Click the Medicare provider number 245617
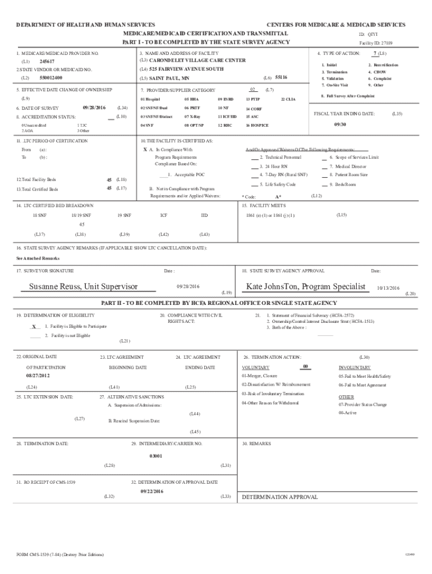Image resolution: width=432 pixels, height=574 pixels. tap(47, 61)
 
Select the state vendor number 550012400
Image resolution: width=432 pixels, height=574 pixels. tap(51, 77)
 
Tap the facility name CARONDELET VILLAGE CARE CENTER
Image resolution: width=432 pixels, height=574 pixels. tap(197, 60)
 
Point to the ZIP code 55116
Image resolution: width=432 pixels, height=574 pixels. tap(282, 77)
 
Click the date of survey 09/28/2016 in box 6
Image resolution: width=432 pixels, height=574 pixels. tap(94, 107)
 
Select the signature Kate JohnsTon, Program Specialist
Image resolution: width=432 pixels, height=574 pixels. tap(305, 286)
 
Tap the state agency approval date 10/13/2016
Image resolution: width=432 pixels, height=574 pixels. tap(388, 288)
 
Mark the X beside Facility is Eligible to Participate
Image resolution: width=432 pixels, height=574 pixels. tap(34, 326)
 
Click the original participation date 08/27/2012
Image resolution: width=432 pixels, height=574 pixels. tap(38, 375)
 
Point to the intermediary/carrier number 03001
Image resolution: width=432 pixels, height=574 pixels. tap(155, 456)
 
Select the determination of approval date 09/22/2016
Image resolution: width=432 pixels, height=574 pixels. tap(151, 491)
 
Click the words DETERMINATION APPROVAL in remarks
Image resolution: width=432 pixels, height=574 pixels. tap(279, 497)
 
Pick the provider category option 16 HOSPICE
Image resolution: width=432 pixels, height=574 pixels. tap(257, 126)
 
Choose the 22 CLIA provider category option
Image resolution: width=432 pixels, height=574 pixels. tap(287, 99)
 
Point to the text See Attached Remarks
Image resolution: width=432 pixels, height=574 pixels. tap(38, 258)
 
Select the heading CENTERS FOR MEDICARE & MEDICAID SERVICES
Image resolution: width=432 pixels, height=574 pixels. tap(336, 25)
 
